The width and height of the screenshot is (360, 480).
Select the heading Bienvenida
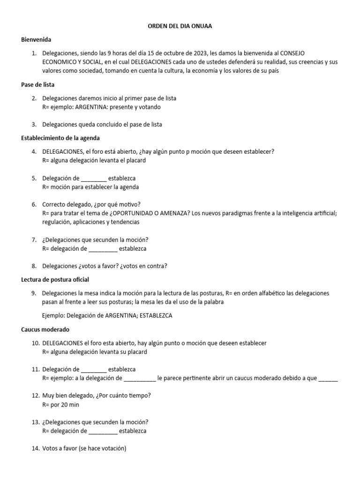click(36, 39)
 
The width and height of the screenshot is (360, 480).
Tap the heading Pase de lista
click(38, 85)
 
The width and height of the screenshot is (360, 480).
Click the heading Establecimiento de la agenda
click(60, 138)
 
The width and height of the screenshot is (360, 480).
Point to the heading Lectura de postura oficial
click(55, 279)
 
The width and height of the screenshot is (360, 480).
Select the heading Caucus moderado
click(45, 330)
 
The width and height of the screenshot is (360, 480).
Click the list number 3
click(34, 124)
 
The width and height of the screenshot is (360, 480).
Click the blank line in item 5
click(94, 179)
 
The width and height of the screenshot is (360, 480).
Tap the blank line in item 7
click(103, 248)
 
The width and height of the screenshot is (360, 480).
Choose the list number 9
click(34, 293)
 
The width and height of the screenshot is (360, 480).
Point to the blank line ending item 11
click(328, 378)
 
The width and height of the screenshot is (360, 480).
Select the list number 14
click(36, 449)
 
